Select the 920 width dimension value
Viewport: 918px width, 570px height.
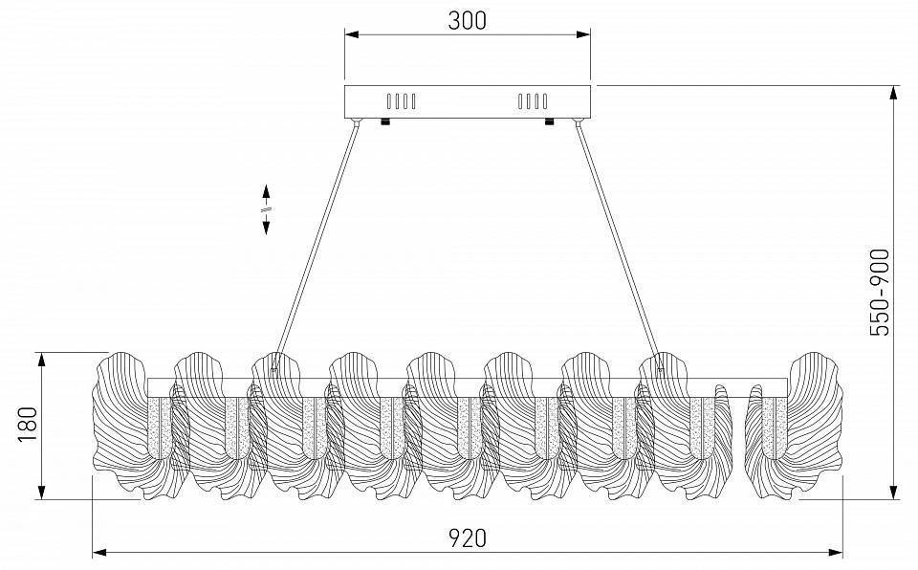click(x=468, y=537)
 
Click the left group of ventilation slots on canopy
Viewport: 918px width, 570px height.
click(x=401, y=100)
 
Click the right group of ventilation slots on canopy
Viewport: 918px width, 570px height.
click(x=533, y=100)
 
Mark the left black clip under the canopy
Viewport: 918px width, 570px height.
click(x=384, y=121)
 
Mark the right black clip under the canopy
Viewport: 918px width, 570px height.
click(x=550, y=121)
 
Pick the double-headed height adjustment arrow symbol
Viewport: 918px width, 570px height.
click(x=266, y=208)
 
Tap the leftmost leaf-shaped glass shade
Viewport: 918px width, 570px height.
click(x=120, y=426)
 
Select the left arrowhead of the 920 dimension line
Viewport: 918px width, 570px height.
click(x=98, y=552)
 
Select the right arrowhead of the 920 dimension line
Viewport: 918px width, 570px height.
click(x=837, y=552)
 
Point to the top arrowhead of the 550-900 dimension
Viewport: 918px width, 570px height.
click(x=893, y=93)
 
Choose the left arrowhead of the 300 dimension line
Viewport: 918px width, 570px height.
click(x=351, y=36)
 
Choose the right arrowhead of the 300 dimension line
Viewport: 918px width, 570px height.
click(x=584, y=36)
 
